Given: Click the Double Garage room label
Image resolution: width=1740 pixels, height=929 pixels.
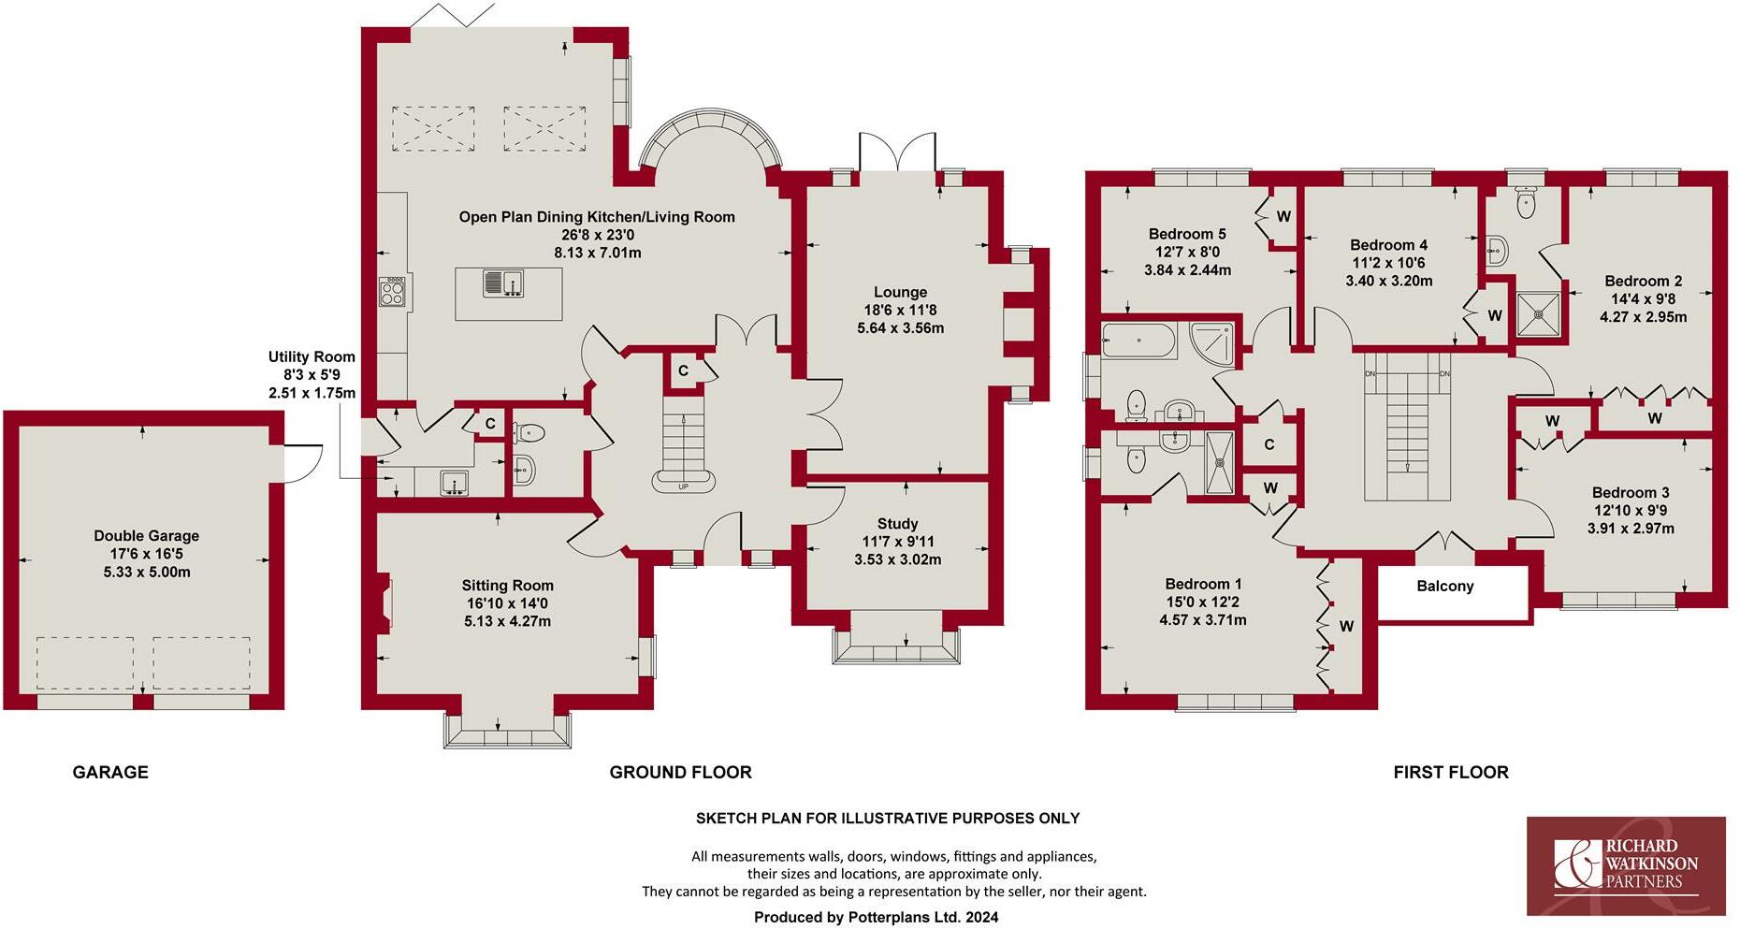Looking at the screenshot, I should [x=146, y=536].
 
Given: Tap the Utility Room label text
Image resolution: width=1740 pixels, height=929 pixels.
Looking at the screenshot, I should [x=312, y=356].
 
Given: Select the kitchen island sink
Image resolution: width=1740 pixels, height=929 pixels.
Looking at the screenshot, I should [x=503, y=282].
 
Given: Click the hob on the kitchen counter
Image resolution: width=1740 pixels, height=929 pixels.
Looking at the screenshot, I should [x=393, y=293].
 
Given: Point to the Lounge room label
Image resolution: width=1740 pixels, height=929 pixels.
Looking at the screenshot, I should [x=900, y=292].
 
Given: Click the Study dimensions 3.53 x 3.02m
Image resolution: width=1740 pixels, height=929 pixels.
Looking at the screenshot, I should [x=897, y=559].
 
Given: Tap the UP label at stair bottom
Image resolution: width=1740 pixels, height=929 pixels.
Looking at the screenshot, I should [x=683, y=486].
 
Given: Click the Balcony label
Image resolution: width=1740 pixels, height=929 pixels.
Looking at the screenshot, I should [x=1444, y=586].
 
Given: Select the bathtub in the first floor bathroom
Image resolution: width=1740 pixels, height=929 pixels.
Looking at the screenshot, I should [x=1138, y=341].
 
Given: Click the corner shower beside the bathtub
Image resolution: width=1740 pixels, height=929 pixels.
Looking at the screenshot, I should [x=1212, y=341].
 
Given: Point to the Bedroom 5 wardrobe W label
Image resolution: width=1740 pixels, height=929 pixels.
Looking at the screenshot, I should [x=1283, y=216].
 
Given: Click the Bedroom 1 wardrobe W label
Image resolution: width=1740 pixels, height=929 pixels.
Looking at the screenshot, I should [x=1346, y=626].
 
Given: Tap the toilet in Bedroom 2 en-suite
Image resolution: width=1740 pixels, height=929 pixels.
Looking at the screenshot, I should [x=1526, y=201].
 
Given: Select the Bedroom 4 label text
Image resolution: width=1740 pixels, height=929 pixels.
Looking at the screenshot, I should [x=1388, y=245].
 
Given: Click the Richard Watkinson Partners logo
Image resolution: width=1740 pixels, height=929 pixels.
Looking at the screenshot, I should [x=1626, y=865].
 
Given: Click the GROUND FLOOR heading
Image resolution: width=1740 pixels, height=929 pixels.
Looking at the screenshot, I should [x=680, y=772].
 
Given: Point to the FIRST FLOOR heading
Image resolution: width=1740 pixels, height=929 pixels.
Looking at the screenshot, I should [x=1450, y=772].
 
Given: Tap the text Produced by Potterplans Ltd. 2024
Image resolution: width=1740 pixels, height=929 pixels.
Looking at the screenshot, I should [x=876, y=917].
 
